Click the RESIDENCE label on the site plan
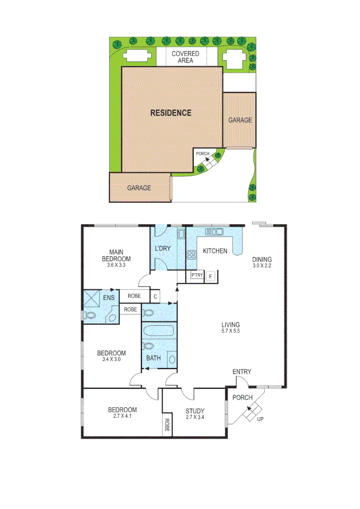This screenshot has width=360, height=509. [x=171, y=113]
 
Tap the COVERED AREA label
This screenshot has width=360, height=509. [x=185, y=57]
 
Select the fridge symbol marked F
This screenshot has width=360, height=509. [x=210, y=276]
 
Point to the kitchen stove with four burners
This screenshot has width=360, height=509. [x=192, y=255]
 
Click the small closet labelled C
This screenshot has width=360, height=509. [x=155, y=296]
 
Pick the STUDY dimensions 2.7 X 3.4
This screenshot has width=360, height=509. [x=195, y=417]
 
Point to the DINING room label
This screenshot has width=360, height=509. [x=262, y=259]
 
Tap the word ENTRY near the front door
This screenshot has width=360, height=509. [x=242, y=372]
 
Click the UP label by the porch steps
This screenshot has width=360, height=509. [x=260, y=419]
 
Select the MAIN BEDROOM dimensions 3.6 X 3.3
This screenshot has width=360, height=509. [x=116, y=265]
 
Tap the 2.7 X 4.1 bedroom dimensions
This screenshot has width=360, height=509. [x=122, y=417]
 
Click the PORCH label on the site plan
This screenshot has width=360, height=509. [x=203, y=154]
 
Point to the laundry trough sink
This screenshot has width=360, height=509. [x=180, y=234]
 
